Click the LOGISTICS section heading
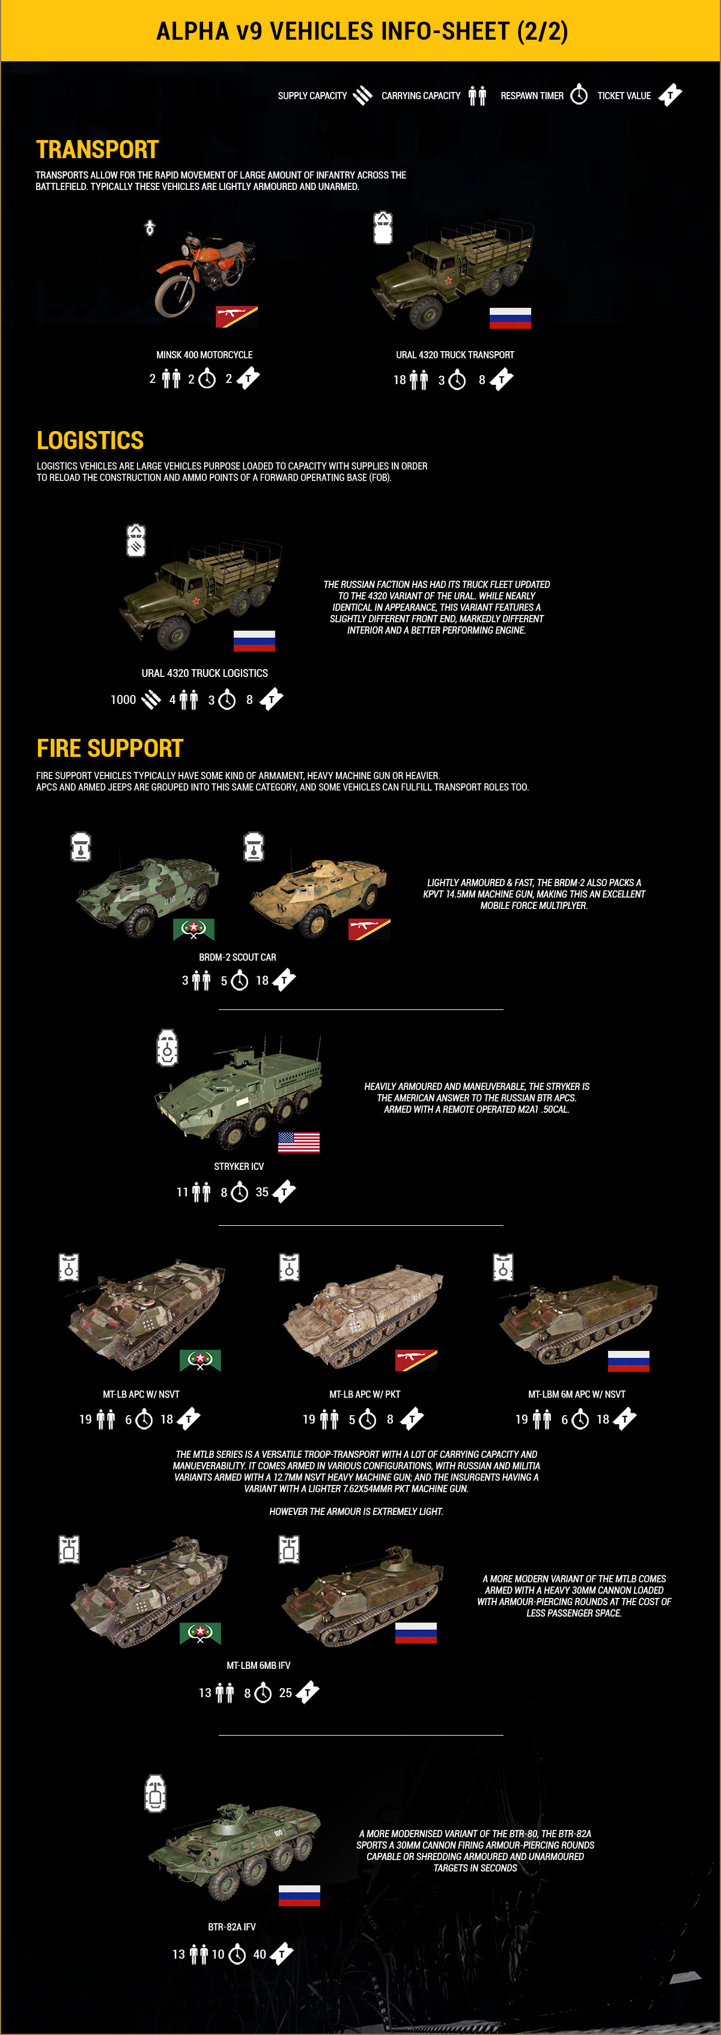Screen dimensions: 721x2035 coord(90,440)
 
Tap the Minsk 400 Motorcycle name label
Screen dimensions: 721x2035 coord(204,355)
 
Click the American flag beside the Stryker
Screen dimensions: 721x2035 coord(299,1142)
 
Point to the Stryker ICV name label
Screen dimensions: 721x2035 coord(239,1166)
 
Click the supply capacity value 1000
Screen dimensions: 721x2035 coord(123,699)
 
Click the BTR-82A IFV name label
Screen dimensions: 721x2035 coord(231,1927)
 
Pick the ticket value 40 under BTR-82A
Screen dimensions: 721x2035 coord(260,1954)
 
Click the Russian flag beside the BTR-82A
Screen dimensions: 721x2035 coord(299,1896)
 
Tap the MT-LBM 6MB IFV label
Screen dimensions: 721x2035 coord(258,1665)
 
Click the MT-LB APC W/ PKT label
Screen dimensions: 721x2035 coord(365,1394)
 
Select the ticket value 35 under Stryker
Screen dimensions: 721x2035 coord(262,1192)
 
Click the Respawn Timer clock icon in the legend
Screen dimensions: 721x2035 coord(579,95)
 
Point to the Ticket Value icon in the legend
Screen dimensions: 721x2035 coord(671,95)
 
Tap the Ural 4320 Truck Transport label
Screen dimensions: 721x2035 coord(455,355)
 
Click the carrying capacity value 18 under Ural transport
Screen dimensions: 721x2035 coord(400,380)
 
